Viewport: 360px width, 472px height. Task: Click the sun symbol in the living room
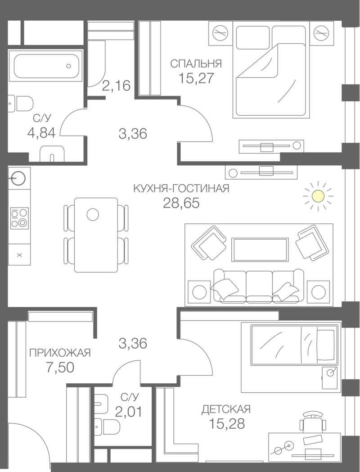[x=319, y=195]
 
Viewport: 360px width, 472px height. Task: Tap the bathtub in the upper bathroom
[x=45, y=66]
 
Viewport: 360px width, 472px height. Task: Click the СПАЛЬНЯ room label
[x=196, y=64]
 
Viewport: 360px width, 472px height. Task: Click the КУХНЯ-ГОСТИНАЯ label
[x=181, y=188]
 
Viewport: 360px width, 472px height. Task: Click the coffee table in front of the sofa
[x=259, y=248]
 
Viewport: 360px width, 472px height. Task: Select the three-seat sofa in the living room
[x=258, y=286]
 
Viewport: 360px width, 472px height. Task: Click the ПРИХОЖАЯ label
[x=60, y=353]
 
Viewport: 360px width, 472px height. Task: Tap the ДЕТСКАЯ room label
[x=226, y=409]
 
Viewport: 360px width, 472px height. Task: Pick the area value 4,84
[x=43, y=133]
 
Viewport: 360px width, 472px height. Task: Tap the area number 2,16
[x=116, y=85]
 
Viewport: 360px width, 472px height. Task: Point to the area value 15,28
[x=227, y=424]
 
